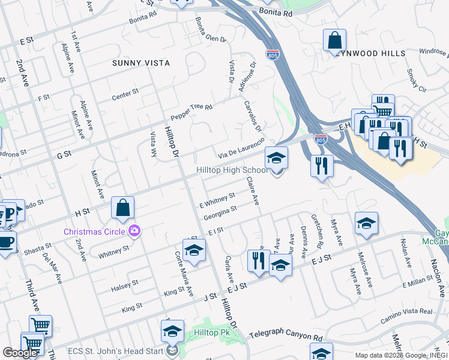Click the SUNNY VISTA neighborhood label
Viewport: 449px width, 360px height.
(141, 63)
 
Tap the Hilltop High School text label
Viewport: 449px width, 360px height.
(232, 170)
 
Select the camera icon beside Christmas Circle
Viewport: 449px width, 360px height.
(135, 231)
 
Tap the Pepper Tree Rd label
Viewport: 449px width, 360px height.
(191, 112)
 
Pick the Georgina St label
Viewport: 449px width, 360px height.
(220, 213)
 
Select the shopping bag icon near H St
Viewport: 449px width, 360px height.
(122, 208)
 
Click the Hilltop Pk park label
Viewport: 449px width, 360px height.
(208, 332)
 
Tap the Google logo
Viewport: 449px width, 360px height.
(20, 353)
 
